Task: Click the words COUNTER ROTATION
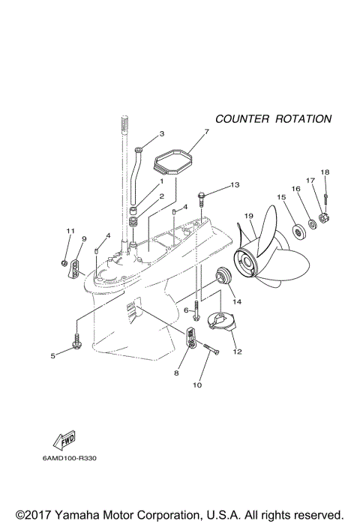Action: tap(273, 119)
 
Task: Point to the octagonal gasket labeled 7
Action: tap(173, 161)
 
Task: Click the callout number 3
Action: tap(160, 135)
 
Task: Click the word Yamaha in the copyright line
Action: tap(76, 514)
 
